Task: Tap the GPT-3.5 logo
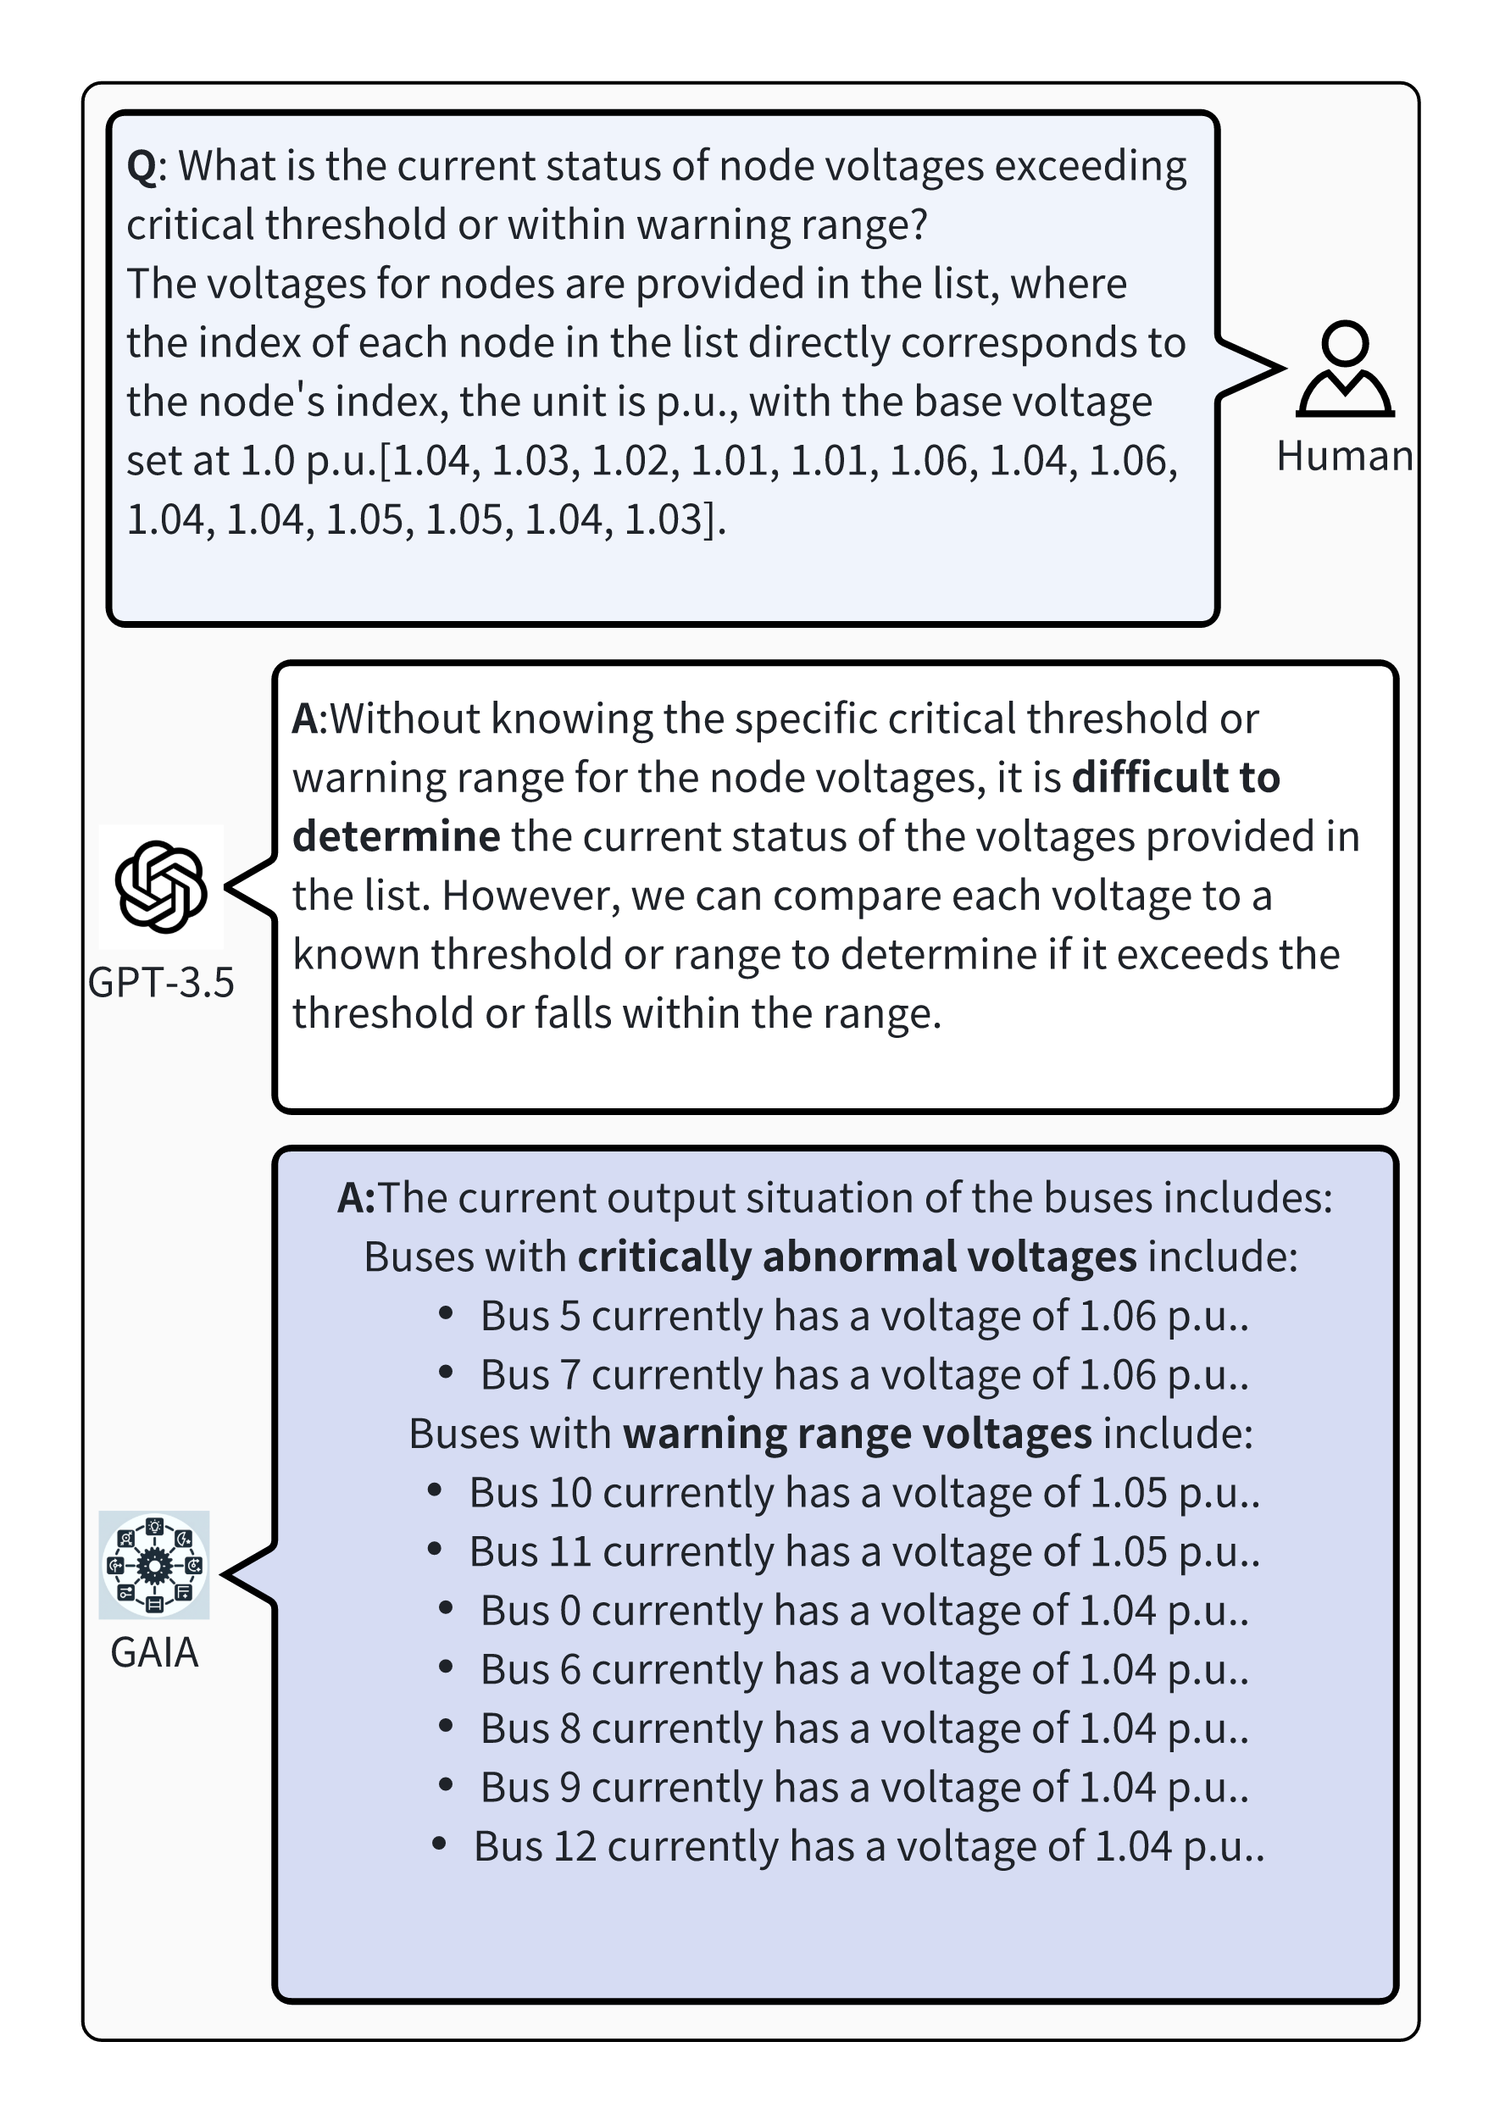coord(161,886)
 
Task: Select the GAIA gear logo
coord(155,1565)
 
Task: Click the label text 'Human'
coord(1344,457)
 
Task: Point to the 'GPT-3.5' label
coord(161,982)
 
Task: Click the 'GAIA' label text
coord(155,1652)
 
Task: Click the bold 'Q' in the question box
coord(141,168)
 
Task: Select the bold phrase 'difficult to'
coord(1175,778)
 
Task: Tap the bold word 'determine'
coord(396,836)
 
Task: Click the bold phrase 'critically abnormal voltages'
coord(856,1257)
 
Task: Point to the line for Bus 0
coord(864,1611)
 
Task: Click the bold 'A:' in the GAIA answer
coord(356,1199)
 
